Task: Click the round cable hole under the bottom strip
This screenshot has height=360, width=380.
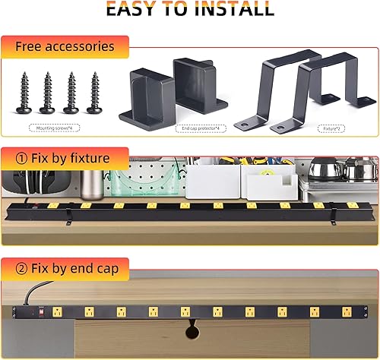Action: pyautogui.click(x=191, y=330)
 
